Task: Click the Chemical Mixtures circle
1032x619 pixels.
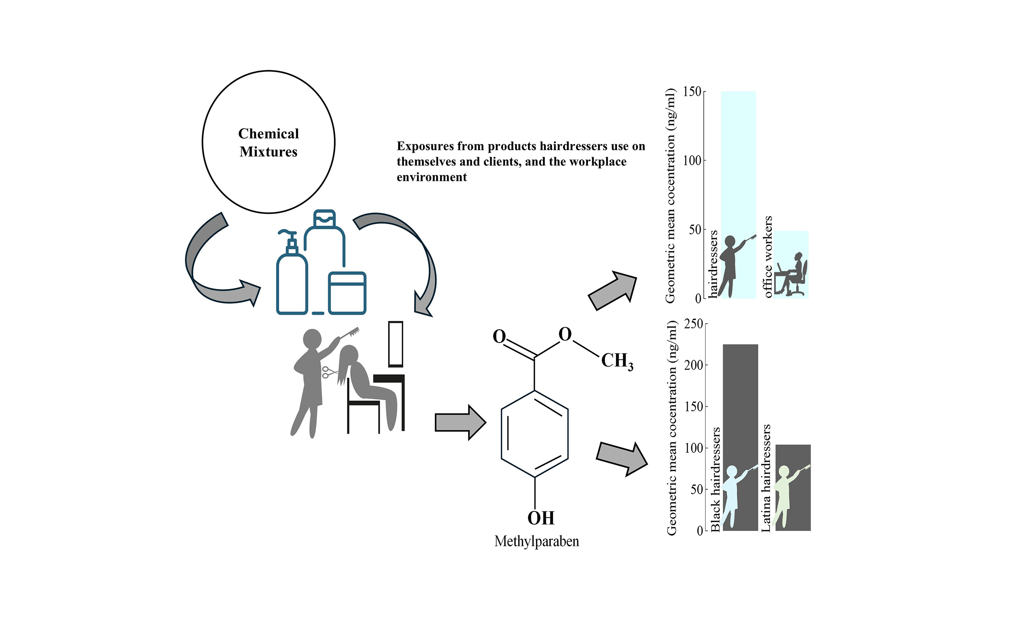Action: tap(268, 142)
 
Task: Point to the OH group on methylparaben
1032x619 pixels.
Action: tap(541, 518)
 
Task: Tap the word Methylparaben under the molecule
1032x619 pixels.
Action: tap(537, 541)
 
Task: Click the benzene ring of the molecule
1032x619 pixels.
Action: tap(535, 434)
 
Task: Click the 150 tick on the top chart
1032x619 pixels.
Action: tap(692, 92)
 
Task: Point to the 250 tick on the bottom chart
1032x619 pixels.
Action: tap(694, 324)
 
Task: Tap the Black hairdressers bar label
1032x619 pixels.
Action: tap(716, 479)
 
